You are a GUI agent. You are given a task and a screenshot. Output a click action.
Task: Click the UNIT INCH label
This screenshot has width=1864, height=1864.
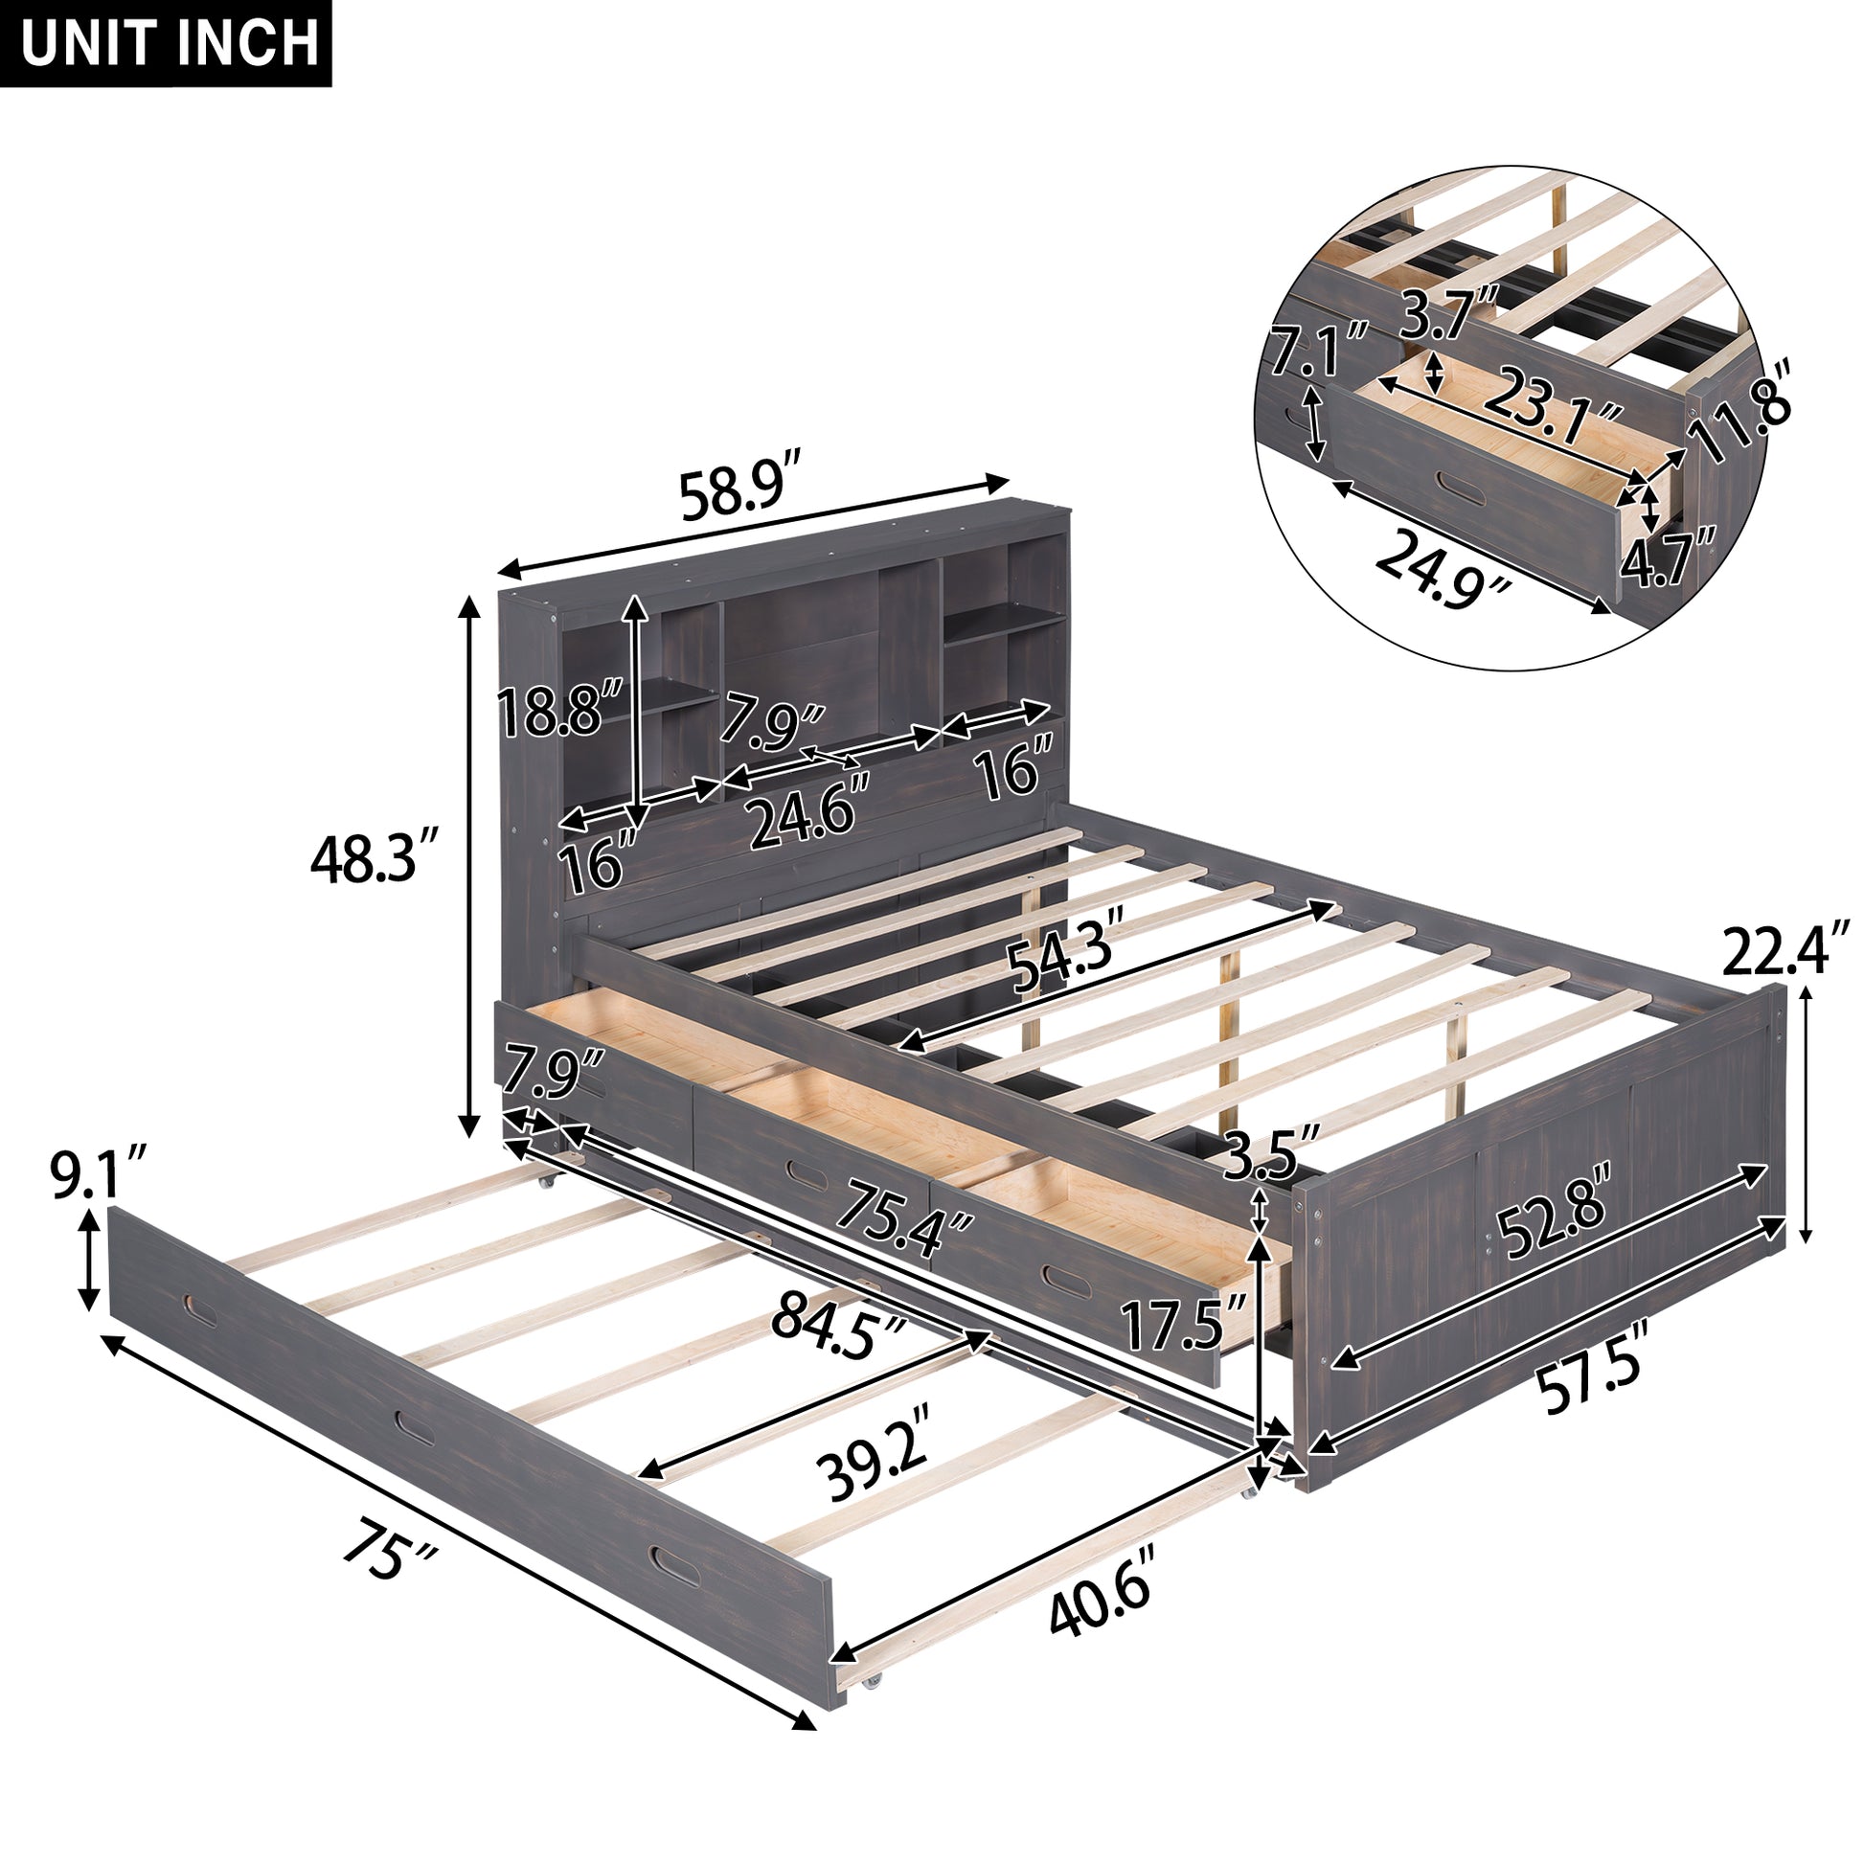click(166, 43)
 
